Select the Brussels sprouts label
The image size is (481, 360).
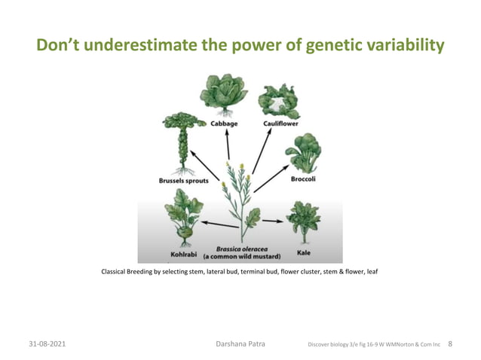pos(183,181)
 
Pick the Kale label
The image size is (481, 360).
pos(303,253)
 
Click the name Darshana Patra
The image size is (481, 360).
pos(240,345)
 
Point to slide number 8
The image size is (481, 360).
pos(450,345)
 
